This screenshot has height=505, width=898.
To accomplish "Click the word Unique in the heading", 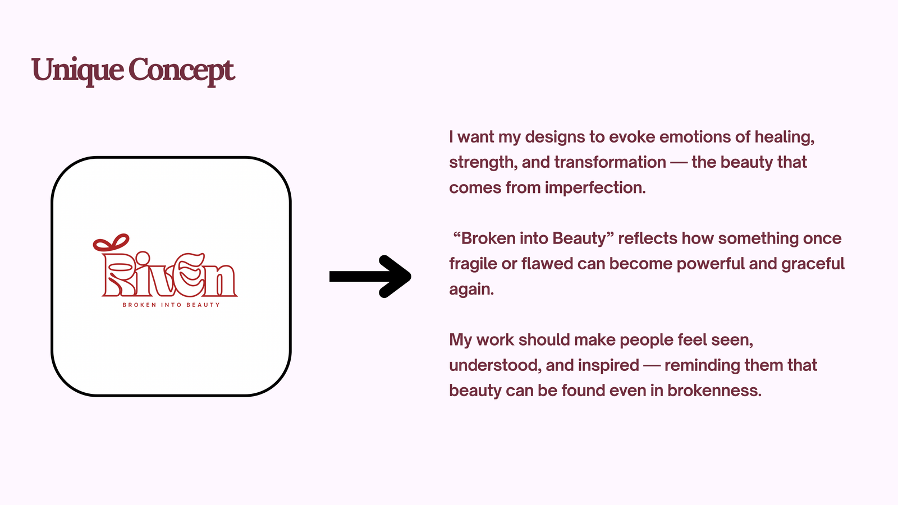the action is (77, 71).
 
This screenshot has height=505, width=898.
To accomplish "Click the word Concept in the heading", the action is (181, 71).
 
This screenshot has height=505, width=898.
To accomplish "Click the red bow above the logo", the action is (111, 243).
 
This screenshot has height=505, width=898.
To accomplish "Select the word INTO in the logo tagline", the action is (171, 305).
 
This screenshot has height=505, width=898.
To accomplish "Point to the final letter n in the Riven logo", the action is (221, 281).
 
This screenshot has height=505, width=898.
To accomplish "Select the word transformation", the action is (610, 162).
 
